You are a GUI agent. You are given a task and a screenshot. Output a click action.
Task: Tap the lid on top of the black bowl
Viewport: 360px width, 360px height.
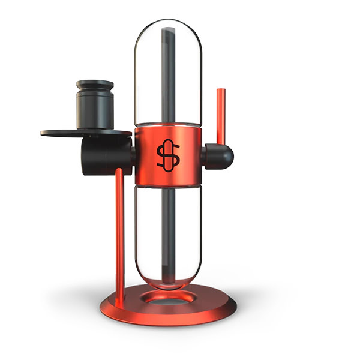click(x=95, y=85)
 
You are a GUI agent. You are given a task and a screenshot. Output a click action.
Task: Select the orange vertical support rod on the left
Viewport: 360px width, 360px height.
click(x=119, y=228)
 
